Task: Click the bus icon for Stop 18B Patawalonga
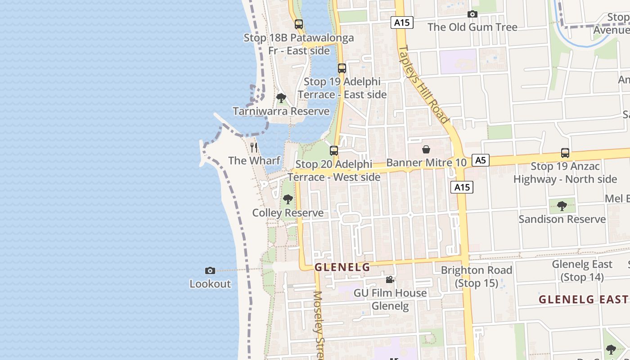click(x=298, y=24)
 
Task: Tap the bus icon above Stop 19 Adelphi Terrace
click(x=342, y=68)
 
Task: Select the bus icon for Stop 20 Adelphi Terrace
click(x=334, y=151)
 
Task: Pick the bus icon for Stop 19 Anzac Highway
click(x=565, y=153)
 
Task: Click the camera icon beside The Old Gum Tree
click(x=472, y=14)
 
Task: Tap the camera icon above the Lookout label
click(x=210, y=270)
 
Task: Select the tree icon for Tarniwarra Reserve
click(x=281, y=98)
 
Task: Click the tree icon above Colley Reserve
click(x=288, y=199)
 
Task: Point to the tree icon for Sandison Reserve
click(x=562, y=206)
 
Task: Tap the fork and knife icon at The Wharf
click(x=254, y=147)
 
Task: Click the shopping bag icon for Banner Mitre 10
click(x=426, y=149)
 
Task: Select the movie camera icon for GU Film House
click(x=390, y=279)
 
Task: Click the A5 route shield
click(x=481, y=160)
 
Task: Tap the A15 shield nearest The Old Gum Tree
click(x=401, y=22)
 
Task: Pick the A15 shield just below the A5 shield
click(x=462, y=187)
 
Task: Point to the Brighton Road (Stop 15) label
click(x=477, y=276)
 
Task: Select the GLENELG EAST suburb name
click(x=583, y=299)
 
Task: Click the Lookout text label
click(x=210, y=284)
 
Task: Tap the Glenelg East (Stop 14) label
click(x=582, y=270)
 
